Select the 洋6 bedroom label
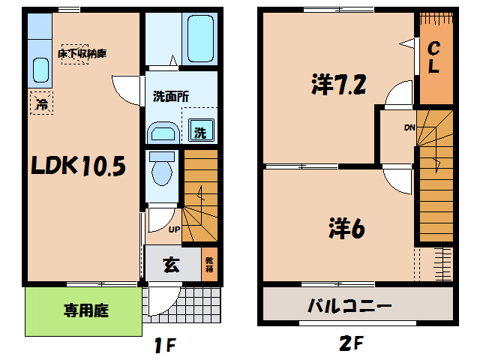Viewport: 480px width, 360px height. (346, 226)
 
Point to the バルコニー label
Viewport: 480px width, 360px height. (349, 306)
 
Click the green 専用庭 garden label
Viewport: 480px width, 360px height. (83, 310)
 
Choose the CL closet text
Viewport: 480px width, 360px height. (433, 57)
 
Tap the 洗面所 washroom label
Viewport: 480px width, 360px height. (170, 96)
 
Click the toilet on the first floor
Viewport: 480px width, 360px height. (161, 169)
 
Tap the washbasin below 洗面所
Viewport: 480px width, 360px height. (163, 133)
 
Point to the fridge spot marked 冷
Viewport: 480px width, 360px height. (42, 103)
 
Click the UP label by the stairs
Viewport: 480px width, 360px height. (174, 229)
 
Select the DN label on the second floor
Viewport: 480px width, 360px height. (409, 127)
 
